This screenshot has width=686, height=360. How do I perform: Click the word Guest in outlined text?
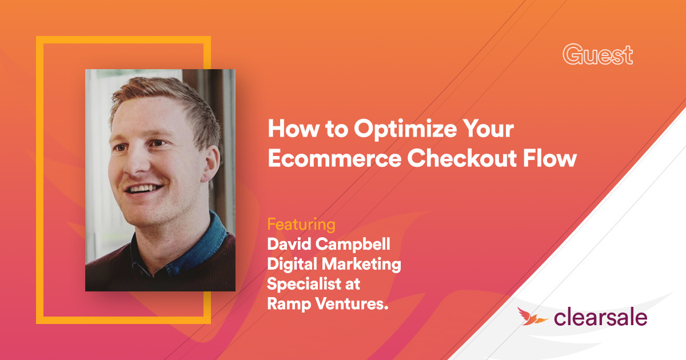[597, 55]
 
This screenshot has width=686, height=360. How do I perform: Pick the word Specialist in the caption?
[304, 285]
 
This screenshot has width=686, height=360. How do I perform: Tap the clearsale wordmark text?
[600, 317]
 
